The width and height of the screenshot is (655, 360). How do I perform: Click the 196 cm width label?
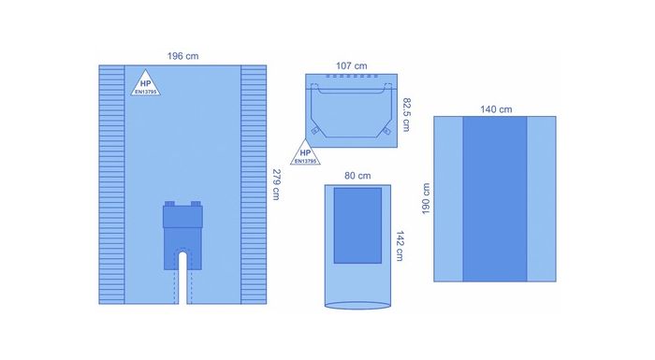(x=182, y=56)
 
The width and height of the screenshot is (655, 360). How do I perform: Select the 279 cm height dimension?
(x=276, y=183)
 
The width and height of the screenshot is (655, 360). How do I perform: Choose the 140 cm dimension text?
(x=496, y=108)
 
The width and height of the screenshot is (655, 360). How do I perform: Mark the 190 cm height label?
(x=426, y=198)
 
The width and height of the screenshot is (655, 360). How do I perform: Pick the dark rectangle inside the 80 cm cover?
(x=357, y=224)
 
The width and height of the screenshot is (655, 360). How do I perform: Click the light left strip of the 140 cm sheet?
(x=449, y=198)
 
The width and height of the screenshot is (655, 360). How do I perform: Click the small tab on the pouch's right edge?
(x=387, y=133)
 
